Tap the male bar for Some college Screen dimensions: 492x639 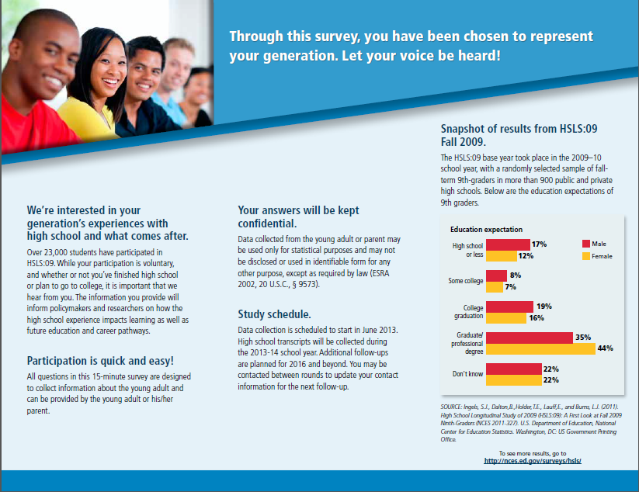tap(496, 275)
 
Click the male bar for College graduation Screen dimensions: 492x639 tap(509, 307)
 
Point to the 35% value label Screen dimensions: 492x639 tap(583, 338)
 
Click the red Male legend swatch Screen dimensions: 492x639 tap(586, 244)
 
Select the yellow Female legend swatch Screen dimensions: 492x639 tap(586, 256)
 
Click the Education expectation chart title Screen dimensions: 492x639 tap(486, 230)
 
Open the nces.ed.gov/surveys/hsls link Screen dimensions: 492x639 tap(532, 461)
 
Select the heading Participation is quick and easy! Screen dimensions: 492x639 tap(99, 361)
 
